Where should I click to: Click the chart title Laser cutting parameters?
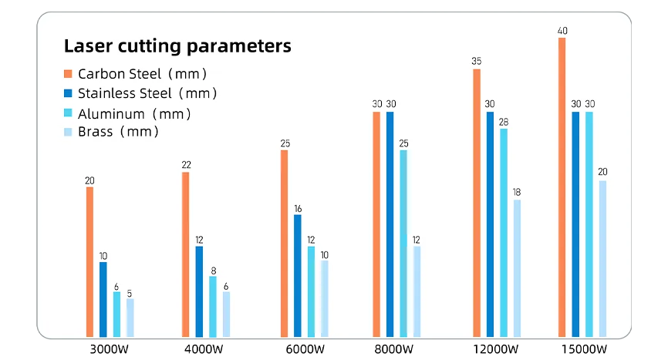pos(177,46)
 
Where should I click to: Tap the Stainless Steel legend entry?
pos(147,93)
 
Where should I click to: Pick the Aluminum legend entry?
pos(134,113)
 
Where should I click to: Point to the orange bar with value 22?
pos(185,254)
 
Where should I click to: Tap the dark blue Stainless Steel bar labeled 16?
pos(298,275)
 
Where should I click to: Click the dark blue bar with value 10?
pos(103,299)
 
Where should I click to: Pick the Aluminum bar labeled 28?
pos(503,232)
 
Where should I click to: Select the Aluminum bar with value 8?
pos(213,306)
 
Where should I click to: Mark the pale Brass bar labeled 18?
pos(517,268)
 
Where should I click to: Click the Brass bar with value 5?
pos(130,318)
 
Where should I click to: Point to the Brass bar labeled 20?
pos(602,258)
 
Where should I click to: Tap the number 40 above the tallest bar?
pos(562,31)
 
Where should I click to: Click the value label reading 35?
pos(476,61)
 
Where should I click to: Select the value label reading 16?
pos(298,208)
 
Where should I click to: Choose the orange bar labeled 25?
pos(284,243)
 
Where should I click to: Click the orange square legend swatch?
pos(68,75)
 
